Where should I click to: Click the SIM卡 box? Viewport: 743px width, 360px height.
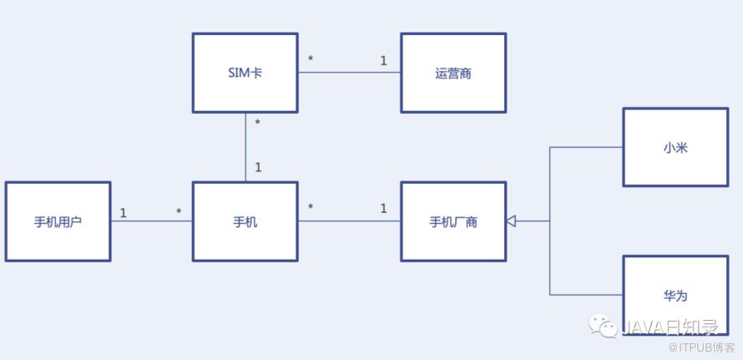[x=245, y=73]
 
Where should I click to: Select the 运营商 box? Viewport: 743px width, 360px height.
[x=452, y=73]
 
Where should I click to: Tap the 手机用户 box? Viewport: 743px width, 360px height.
[x=58, y=221]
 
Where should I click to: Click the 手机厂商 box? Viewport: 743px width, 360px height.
[x=452, y=221]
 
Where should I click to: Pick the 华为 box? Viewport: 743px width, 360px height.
[x=675, y=295]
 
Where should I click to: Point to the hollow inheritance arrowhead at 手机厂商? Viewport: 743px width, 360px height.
[x=511, y=221]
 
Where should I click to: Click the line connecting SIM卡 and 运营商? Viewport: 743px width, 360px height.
[x=349, y=73]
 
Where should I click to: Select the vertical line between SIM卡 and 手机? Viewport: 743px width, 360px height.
[x=245, y=147]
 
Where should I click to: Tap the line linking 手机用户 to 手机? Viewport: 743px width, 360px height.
[x=151, y=221]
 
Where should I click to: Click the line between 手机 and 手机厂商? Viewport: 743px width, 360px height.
[x=349, y=221]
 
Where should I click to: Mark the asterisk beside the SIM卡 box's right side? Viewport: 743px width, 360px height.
[x=311, y=60]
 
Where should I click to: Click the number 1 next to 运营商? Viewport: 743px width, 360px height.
[x=384, y=60]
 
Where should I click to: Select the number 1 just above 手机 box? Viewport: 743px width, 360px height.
[x=258, y=168]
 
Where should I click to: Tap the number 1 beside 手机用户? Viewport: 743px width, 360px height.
[x=123, y=213]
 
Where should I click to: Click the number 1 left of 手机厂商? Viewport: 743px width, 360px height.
[x=384, y=208]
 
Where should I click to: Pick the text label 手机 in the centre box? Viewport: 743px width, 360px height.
[x=245, y=222]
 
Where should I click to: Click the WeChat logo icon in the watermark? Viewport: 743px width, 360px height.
[x=605, y=325]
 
